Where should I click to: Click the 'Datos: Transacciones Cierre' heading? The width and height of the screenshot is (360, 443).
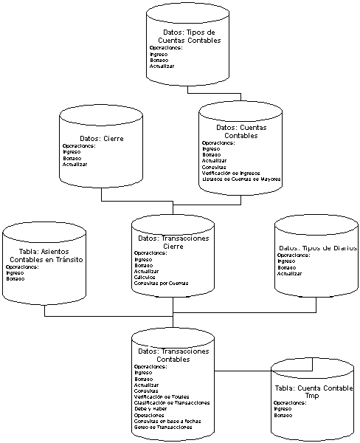(173, 242)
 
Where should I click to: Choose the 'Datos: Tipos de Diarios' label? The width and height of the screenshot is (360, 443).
(318, 248)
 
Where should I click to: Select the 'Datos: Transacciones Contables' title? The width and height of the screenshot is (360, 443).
(173, 355)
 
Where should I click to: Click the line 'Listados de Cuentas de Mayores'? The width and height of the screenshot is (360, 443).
(241, 179)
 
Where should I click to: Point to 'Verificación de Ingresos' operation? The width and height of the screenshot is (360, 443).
(232, 173)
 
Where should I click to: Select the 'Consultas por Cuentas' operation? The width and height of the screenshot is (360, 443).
(161, 283)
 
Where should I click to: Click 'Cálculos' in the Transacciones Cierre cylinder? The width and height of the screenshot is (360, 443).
(145, 277)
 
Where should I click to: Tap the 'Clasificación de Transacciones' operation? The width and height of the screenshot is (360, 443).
(172, 402)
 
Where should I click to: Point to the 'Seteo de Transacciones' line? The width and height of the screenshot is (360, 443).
(163, 427)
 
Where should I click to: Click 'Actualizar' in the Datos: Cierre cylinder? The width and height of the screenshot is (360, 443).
(75, 164)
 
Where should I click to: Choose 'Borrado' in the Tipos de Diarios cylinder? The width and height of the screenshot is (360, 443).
(287, 267)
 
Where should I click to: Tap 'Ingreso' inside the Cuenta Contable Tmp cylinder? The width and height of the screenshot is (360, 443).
(283, 408)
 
